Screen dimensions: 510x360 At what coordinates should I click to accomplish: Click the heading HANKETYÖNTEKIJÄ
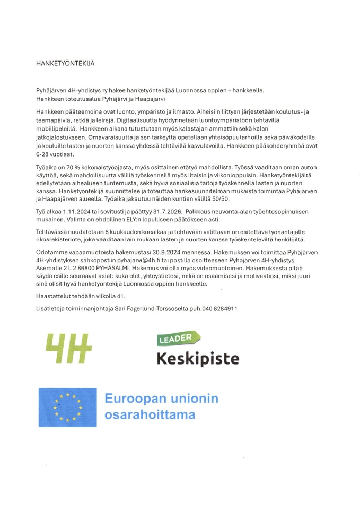(65, 63)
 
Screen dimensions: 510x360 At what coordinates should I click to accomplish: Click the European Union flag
(67, 408)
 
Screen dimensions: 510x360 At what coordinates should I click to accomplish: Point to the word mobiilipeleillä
(56, 128)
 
